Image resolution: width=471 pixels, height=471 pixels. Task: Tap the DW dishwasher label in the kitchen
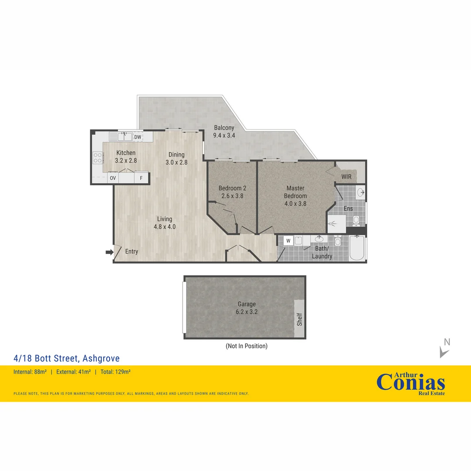click(x=138, y=137)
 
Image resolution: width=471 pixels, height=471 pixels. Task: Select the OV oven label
click(x=113, y=178)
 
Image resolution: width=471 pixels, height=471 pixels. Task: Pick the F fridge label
click(x=141, y=178)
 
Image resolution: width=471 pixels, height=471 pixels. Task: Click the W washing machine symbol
click(x=288, y=240)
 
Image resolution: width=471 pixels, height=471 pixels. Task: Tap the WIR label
click(x=347, y=177)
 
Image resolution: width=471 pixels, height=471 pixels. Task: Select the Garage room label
click(x=246, y=304)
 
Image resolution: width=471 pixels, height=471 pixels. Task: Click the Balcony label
click(x=224, y=128)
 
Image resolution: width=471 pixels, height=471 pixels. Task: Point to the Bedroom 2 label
click(x=232, y=188)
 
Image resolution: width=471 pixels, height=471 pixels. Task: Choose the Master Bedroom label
click(x=295, y=192)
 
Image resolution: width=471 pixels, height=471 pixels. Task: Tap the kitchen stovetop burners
click(x=98, y=157)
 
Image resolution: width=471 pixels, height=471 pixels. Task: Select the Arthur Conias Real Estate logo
click(x=411, y=384)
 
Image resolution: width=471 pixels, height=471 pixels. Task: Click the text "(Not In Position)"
click(x=246, y=346)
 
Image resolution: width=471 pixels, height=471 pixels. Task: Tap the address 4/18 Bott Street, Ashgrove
click(x=66, y=358)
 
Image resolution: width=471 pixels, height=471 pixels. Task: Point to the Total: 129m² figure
click(x=116, y=372)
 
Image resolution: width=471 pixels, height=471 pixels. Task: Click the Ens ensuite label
click(x=348, y=208)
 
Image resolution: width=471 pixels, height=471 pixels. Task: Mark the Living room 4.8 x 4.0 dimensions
click(x=164, y=226)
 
